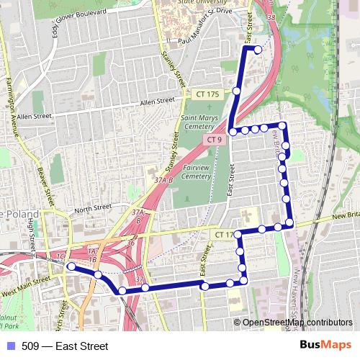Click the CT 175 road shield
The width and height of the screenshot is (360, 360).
point(207,94)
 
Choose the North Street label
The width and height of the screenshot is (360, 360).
point(93,207)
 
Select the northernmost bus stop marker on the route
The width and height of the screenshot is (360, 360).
point(258,49)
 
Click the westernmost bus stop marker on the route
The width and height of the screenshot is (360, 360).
point(71,266)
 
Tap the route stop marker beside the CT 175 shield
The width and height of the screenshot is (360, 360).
point(237,91)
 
